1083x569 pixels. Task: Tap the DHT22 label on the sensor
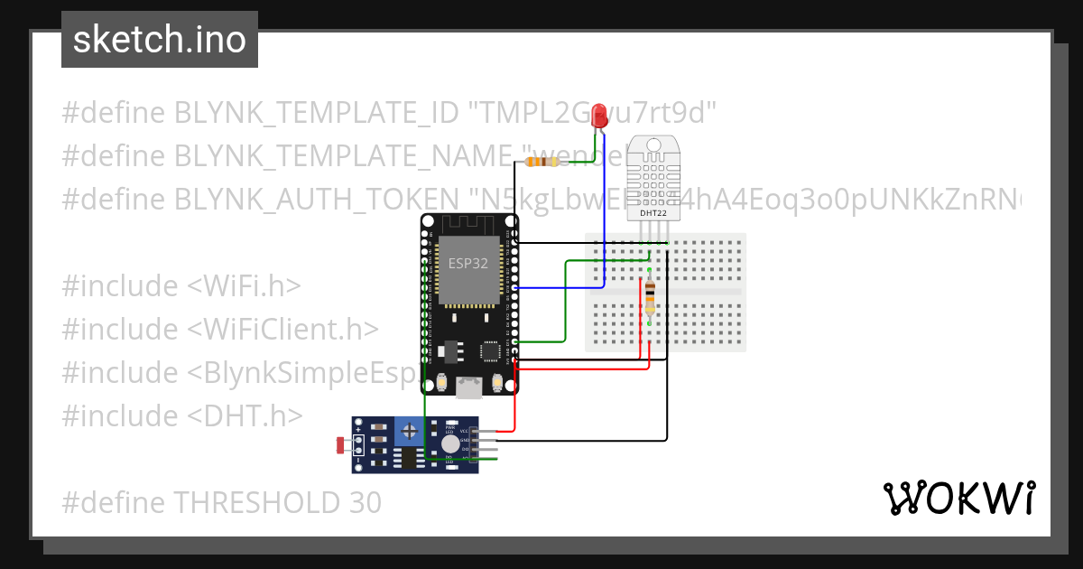[654, 214]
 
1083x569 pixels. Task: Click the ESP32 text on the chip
[468, 264]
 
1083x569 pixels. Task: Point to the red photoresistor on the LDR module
[342, 444]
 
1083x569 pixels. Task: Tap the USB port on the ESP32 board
[468, 387]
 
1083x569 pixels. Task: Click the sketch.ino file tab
[160, 40]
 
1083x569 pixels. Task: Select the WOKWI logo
[958, 498]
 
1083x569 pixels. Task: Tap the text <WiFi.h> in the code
[244, 285]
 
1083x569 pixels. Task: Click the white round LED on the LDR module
[449, 443]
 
